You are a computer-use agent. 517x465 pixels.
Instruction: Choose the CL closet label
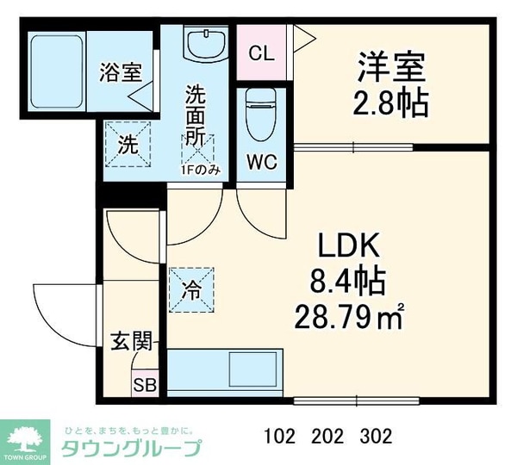point(261,53)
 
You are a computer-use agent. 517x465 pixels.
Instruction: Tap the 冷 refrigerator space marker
point(191,288)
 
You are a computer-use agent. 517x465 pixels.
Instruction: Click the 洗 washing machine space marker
point(127,144)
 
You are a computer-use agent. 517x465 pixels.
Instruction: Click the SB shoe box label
point(145,384)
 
